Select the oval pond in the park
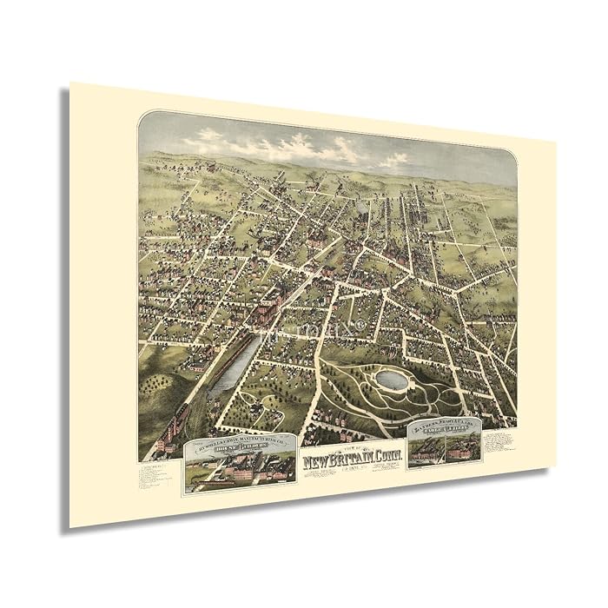pyautogui.click(x=389, y=380)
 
